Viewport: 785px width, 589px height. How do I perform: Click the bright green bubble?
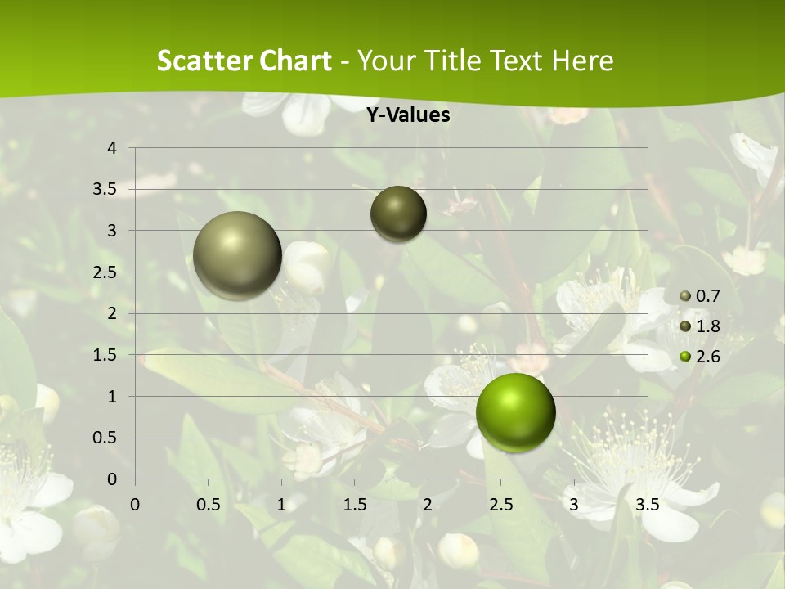(515, 412)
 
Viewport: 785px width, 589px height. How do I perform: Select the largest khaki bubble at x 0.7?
(237, 255)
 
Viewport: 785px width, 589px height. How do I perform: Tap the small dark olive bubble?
(398, 214)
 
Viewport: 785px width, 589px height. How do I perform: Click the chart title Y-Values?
(407, 115)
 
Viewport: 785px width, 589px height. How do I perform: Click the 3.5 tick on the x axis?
(648, 504)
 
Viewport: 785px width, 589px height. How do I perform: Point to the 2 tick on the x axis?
(427, 504)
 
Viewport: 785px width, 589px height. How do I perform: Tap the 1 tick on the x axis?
(281, 504)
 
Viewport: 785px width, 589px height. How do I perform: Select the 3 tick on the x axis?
(574, 504)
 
